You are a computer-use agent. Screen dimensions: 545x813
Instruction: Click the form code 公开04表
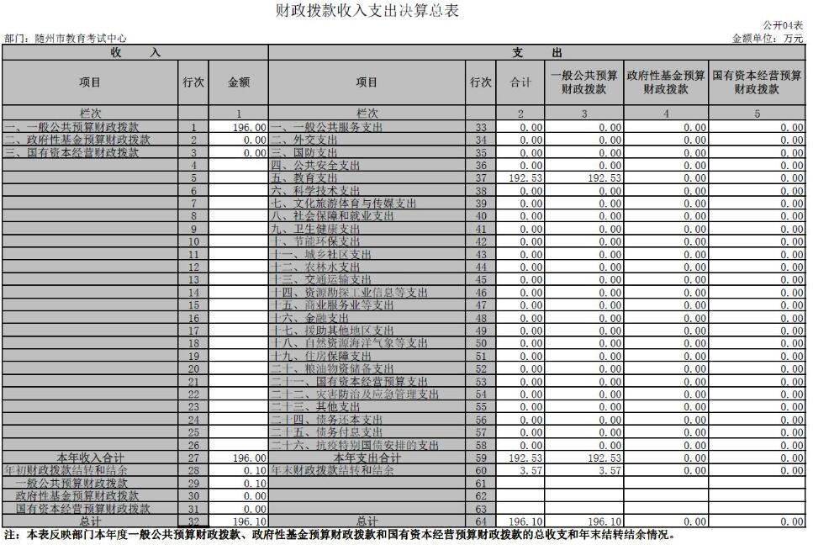click(784, 27)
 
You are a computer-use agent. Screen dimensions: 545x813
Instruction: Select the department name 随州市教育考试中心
click(65, 39)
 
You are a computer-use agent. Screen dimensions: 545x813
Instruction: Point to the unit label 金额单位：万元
click(768, 39)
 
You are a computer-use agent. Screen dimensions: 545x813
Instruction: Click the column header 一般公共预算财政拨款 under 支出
click(585, 82)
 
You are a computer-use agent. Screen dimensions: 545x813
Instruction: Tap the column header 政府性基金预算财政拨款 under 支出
click(665, 82)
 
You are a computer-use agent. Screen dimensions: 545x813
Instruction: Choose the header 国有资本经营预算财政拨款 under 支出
click(757, 82)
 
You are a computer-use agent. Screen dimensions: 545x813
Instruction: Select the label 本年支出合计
click(367, 458)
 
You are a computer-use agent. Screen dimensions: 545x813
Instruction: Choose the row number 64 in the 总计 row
click(481, 521)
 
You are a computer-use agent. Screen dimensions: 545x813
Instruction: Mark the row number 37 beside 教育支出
click(481, 178)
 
